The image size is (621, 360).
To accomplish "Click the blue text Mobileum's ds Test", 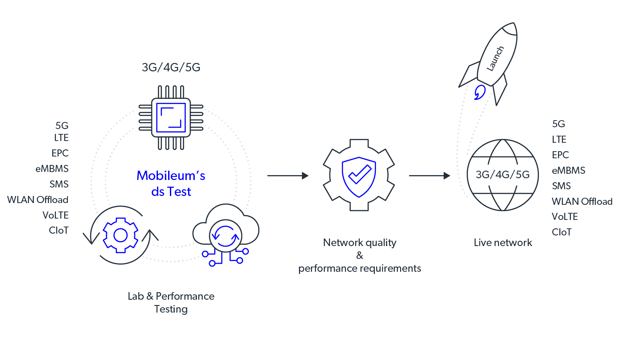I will [x=171, y=183].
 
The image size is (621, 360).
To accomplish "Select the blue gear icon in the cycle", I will [x=121, y=235].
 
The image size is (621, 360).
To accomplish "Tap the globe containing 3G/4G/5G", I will [x=502, y=175].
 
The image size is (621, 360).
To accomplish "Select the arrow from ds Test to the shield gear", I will [x=287, y=176].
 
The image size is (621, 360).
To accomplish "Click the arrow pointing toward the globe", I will [x=429, y=176].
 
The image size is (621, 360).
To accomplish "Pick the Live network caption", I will [x=503, y=243].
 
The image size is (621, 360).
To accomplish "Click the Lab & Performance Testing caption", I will [x=171, y=302].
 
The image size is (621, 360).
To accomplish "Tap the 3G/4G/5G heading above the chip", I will [x=171, y=68].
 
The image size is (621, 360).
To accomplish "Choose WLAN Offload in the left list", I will [x=38, y=200].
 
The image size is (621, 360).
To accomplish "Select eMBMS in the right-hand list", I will [x=568, y=170].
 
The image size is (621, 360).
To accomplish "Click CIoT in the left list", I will [x=59, y=231].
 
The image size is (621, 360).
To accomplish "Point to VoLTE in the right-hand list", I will [x=565, y=216].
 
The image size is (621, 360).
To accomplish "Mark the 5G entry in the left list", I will [x=62, y=125].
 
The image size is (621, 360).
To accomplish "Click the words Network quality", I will [x=359, y=243].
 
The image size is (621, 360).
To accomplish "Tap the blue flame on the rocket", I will [x=479, y=93].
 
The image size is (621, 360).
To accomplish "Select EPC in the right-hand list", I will [x=560, y=155].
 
